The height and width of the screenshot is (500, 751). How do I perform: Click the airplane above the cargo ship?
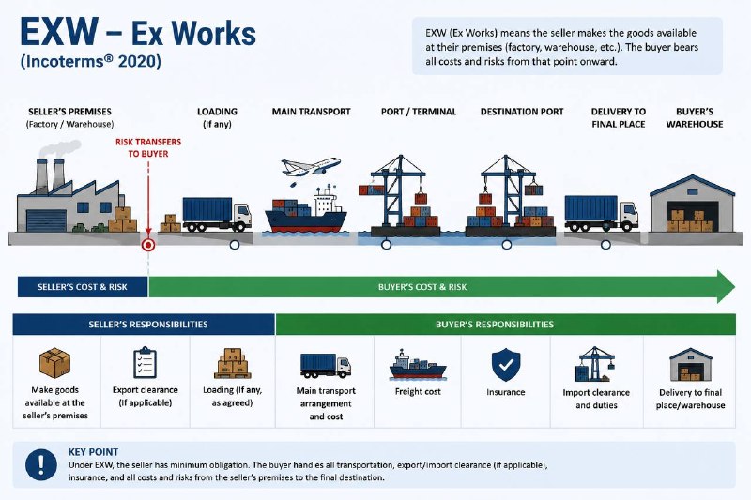coord(311,168)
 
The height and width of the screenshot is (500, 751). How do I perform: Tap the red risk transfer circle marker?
coord(148,245)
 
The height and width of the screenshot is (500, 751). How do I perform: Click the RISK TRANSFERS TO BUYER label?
coord(148,147)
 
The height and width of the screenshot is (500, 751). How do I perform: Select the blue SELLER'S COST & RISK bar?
coord(83,287)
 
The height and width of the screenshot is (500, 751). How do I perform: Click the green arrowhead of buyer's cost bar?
coord(725,287)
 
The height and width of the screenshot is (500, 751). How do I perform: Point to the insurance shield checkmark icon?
coord(506,365)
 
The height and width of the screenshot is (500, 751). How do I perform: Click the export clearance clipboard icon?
coord(145,362)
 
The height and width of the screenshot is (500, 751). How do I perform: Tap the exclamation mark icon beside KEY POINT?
coord(41,464)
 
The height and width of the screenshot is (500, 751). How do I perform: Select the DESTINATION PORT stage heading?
coord(522,112)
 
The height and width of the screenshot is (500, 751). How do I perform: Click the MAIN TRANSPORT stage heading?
coord(312,112)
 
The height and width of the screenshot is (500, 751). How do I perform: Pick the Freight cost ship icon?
coord(418,365)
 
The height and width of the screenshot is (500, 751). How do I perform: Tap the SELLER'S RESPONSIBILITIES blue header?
coord(144,325)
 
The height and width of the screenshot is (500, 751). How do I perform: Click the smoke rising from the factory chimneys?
coord(60,148)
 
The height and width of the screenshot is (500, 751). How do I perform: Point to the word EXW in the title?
coord(59,32)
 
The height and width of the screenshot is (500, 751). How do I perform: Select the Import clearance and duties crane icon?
coord(595,364)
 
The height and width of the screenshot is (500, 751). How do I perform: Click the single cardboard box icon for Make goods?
coord(54,363)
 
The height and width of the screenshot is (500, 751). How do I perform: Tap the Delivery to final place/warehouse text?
coord(690,399)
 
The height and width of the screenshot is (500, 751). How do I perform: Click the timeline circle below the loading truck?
coord(235,245)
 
